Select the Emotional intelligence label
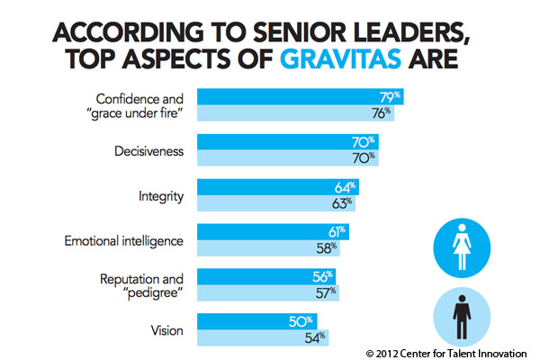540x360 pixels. (x=124, y=239)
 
